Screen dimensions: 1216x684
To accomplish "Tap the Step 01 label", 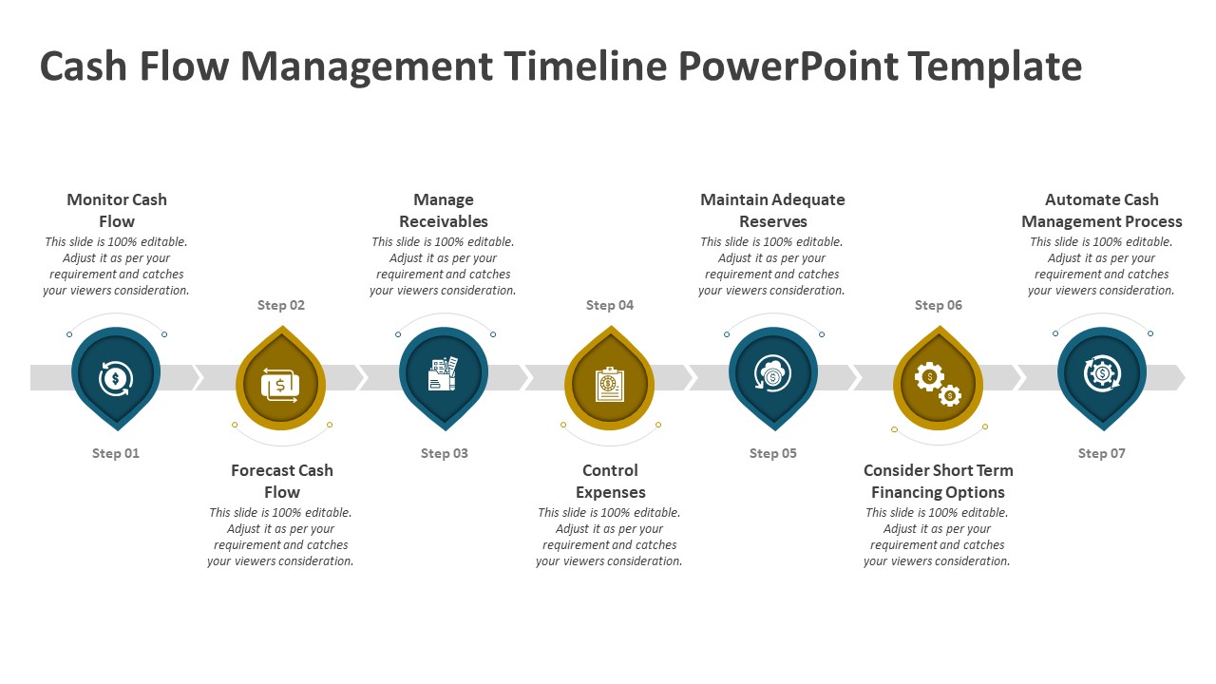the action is click(116, 453).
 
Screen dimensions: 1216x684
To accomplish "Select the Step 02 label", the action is click(281, 305).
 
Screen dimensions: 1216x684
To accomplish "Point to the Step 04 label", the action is click(610, 305).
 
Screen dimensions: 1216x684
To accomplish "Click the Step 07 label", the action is click(1101, 453).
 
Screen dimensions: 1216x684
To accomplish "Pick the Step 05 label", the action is click(773, 453).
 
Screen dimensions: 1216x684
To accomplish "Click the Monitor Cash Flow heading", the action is click(117, 211).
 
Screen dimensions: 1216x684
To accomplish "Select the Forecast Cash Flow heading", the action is click(282, 481).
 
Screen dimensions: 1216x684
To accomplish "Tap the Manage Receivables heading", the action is click(444, 211).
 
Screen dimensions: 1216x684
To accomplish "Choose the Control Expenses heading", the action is click(610, 481).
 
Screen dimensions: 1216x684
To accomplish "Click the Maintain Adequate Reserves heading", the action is click(772, 211).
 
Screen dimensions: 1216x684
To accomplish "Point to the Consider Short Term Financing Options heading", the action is click(938, 481).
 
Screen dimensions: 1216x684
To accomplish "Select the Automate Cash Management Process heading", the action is click(1101, 211).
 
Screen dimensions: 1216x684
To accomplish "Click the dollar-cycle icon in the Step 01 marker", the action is click(116, 378).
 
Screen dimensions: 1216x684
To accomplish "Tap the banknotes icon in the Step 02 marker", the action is click(280, 386).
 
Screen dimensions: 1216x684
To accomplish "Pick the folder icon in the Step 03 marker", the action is click(443, 373).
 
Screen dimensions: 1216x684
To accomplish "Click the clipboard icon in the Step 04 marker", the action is click(610, 385).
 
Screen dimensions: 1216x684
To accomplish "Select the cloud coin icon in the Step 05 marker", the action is click(772, 373).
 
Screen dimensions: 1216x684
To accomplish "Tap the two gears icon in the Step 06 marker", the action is click(938, 385).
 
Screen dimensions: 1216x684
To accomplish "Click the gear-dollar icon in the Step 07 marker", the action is click(1102, 373).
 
